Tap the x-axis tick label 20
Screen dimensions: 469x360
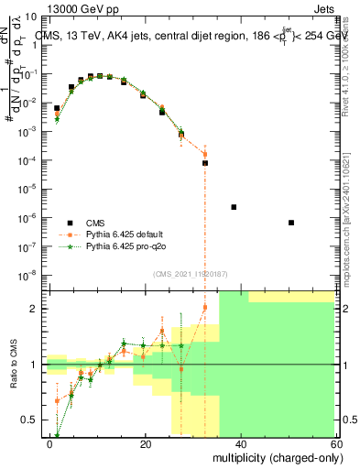[146, 443]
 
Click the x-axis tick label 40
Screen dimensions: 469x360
[240, 443]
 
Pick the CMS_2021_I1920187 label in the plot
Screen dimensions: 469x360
[191, 274]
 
